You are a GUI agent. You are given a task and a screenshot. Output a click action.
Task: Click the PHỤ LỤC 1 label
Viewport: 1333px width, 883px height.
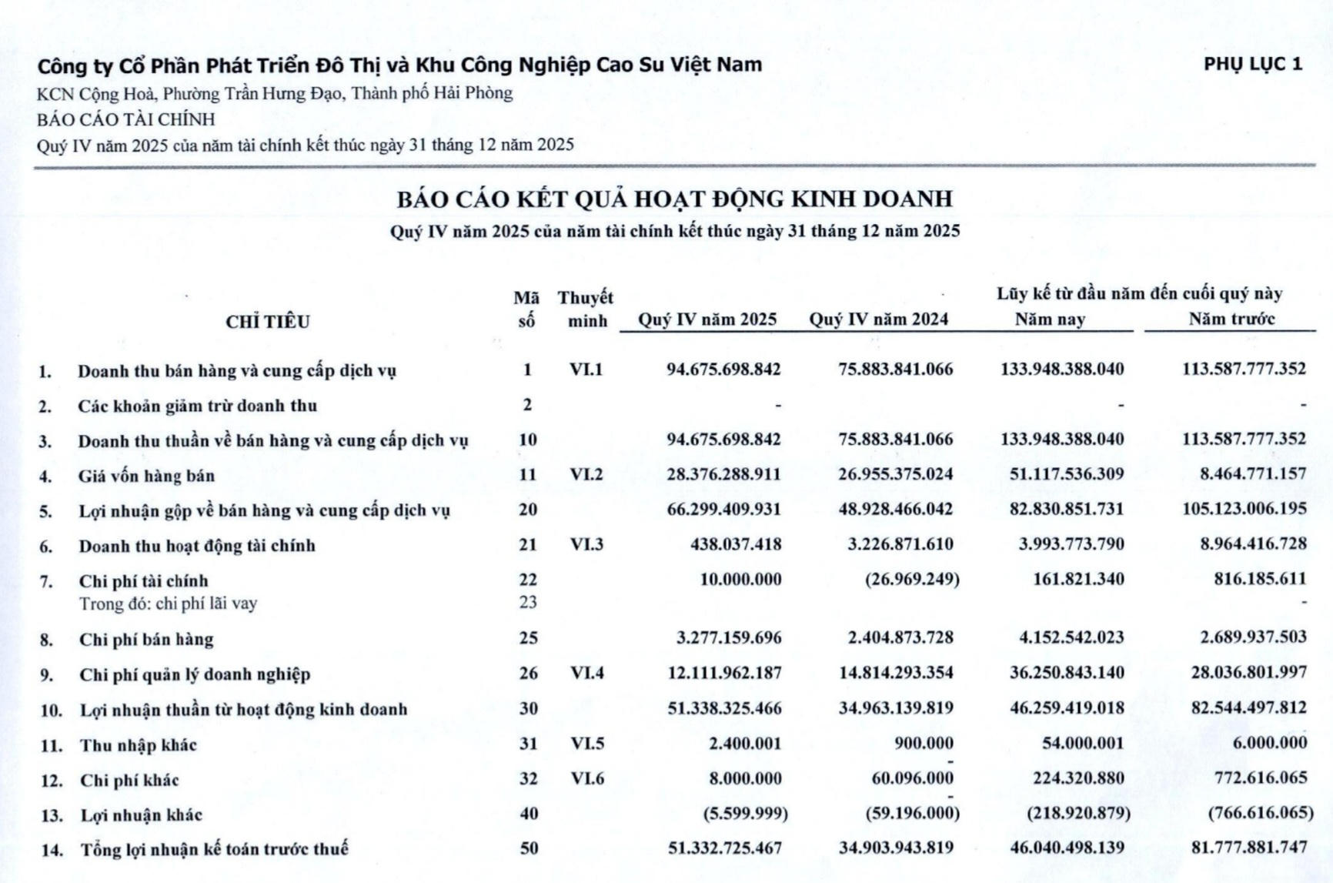click(1253, 65)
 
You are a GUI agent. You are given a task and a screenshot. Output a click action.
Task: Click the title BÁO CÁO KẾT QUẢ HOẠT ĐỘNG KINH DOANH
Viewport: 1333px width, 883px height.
click(674, 199)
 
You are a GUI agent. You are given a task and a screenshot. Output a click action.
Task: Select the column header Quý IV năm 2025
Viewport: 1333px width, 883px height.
click(707, 319)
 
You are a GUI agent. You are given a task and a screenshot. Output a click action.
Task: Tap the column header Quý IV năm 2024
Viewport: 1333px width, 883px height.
click(878, 319)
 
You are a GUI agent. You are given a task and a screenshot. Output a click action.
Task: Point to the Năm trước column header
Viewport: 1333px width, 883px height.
click(1231, 319)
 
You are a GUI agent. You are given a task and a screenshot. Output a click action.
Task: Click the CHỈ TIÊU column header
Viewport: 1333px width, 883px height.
click(267, 322)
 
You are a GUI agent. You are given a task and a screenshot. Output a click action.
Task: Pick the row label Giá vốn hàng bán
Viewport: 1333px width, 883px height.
click(146, 476)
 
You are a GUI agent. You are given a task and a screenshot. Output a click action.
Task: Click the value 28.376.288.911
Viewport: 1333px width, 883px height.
click(723, 474)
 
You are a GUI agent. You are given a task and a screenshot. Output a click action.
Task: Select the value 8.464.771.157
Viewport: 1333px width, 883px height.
click(1252, 473)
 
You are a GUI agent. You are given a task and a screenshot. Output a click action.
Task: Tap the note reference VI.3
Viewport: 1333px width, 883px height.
click(586, 544)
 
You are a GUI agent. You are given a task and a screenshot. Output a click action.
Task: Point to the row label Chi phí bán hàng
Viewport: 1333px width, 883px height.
click(146, 639)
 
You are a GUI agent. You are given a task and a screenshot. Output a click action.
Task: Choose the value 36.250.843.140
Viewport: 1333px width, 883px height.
click(1067, 673)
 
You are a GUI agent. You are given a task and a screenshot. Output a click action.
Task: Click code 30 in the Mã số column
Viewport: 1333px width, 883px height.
click(528, 708)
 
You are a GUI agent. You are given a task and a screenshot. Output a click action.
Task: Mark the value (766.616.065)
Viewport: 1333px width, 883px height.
click(1261, 813)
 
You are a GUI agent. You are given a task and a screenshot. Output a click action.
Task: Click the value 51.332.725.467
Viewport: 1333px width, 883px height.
click(724, 848)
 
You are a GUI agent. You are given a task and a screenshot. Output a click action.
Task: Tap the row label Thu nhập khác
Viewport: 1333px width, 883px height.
click(139, 745)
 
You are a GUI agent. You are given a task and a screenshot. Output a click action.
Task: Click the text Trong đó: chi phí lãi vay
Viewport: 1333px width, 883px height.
click(168, 604)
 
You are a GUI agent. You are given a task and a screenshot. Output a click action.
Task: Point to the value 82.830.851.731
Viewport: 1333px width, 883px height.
click(1066, 510)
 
